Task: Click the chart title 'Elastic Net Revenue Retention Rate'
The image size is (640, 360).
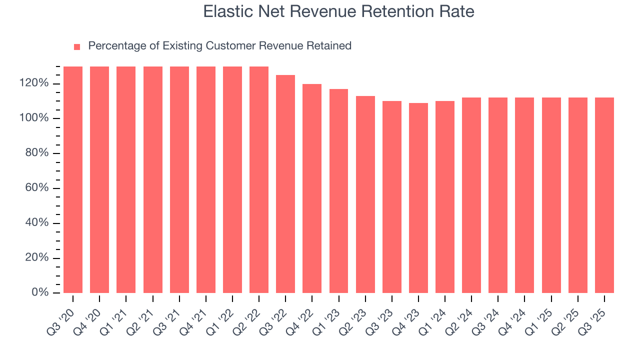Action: (x=338, y=11)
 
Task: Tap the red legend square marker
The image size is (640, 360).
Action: (x=77, y=46)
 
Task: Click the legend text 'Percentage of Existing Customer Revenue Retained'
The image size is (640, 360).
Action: (x=219, y=46)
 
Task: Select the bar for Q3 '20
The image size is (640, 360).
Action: (x=73, y=179)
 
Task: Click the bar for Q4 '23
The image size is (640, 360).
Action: (x=418, y=197)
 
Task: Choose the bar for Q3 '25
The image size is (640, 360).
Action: (x=604, y=195)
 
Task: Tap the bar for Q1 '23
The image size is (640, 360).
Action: (x=338, y=190)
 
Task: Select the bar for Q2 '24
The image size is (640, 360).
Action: (x=471, y=195)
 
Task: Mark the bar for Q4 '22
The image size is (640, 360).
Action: (x=312, y=188)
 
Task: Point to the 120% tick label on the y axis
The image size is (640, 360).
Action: (x=34, y=83)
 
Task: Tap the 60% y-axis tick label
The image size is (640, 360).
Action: (x=36, y=188)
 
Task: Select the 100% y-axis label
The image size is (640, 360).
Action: (x=34, y=118)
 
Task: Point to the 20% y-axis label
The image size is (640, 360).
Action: (x=36, y=258)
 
